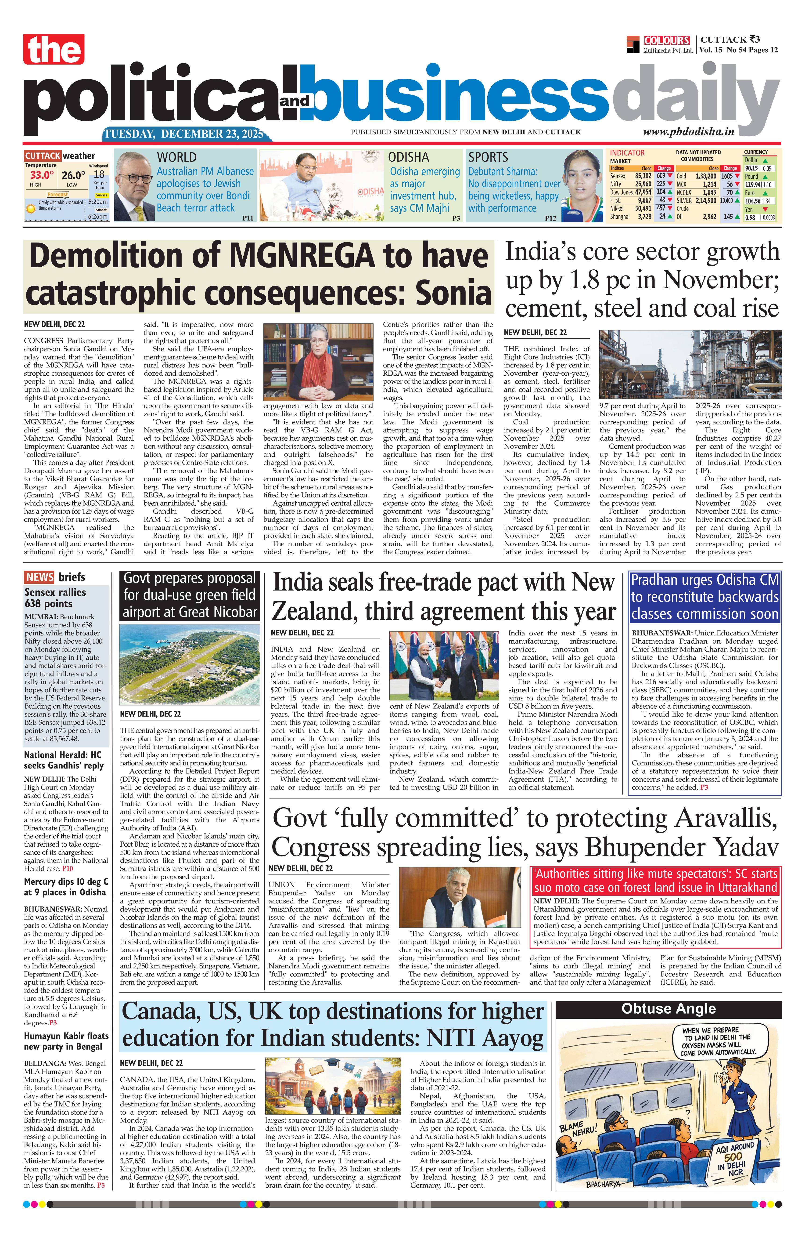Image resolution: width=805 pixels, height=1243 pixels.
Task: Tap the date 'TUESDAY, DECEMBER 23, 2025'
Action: (184, 134)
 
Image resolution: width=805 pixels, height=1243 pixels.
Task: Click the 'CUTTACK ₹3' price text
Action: (730, 39)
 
